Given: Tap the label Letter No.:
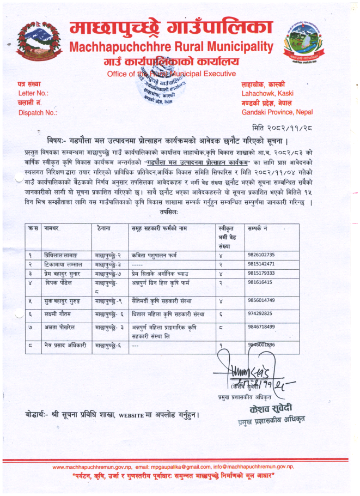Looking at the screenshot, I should point(34,93).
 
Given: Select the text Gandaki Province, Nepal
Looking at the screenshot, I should point(278,112).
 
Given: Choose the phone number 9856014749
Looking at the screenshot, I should point(263,300).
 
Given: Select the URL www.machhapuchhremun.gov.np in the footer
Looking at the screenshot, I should point(92,467).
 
